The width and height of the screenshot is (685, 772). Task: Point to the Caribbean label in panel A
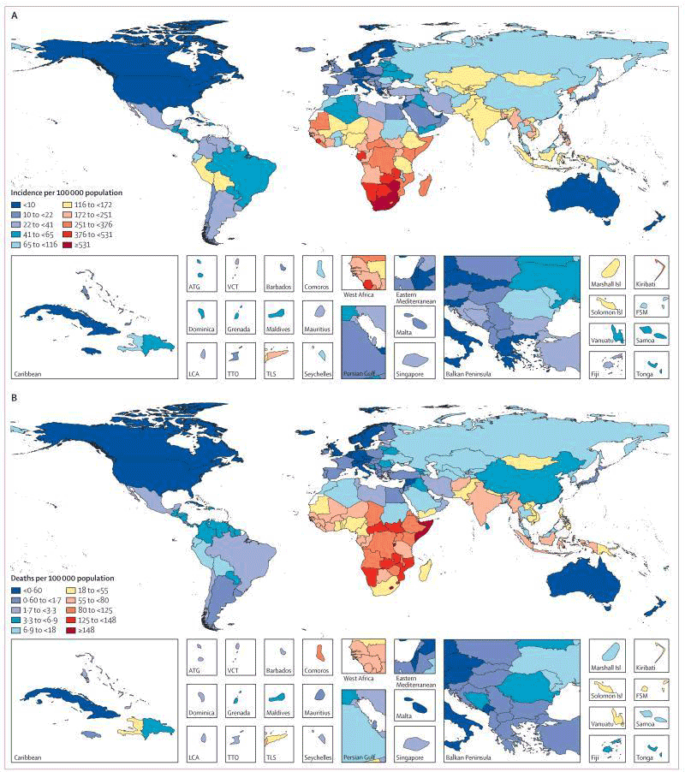point(30,375)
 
